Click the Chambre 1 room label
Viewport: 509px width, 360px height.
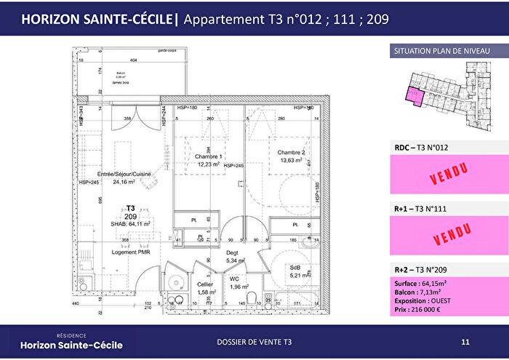point(208,155)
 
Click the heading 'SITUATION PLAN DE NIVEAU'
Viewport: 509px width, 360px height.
point(441,51)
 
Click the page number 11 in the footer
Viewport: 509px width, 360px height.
point(465,341)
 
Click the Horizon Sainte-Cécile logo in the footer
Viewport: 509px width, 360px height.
point(71,341)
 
